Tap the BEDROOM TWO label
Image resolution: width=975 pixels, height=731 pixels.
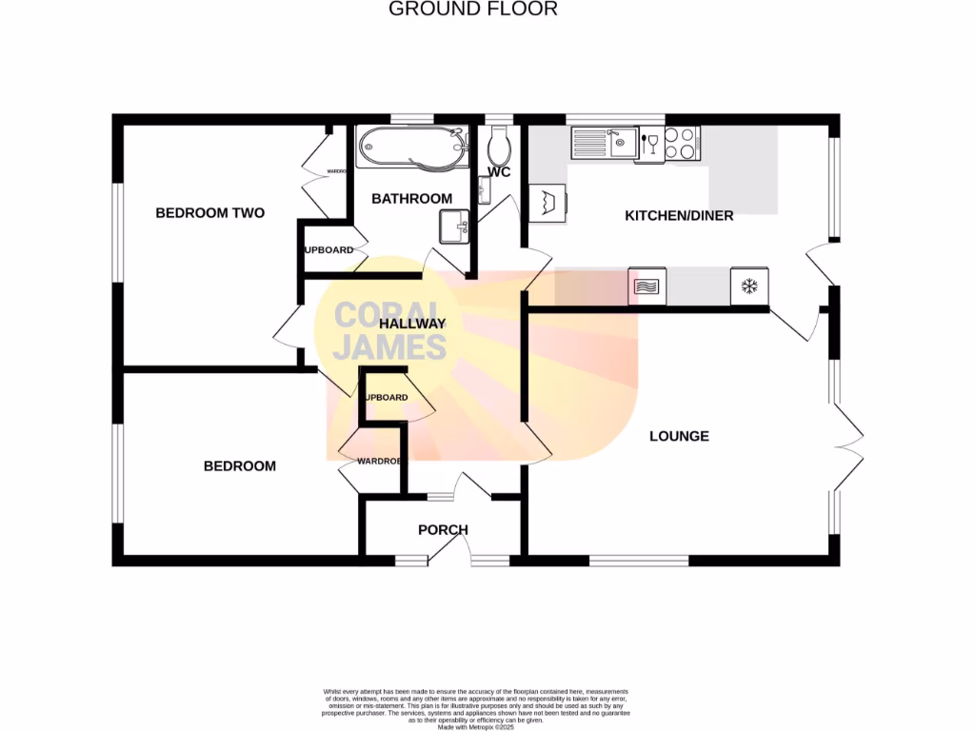tap(209, 213)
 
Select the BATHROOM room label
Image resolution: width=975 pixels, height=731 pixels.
tap(411, 199)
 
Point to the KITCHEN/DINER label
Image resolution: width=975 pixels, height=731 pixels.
tap(679, 216)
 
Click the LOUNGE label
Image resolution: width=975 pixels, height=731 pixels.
tap(679, 437)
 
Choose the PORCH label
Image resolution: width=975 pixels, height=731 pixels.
tap(443, 530)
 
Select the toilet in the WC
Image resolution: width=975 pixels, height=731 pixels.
tap(499, 147)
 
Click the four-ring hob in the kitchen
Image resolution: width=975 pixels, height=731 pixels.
tap(682, 144)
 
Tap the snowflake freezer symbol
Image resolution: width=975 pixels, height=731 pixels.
tap(748, 286)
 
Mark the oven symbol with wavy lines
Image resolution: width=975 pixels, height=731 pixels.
tap(647, 286)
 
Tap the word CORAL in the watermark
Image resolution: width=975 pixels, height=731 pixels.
tap(388, 315)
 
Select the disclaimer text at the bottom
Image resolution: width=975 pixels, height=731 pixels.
tap(476, 709)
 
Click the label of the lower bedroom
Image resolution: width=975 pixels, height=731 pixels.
tap(240, 466)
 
